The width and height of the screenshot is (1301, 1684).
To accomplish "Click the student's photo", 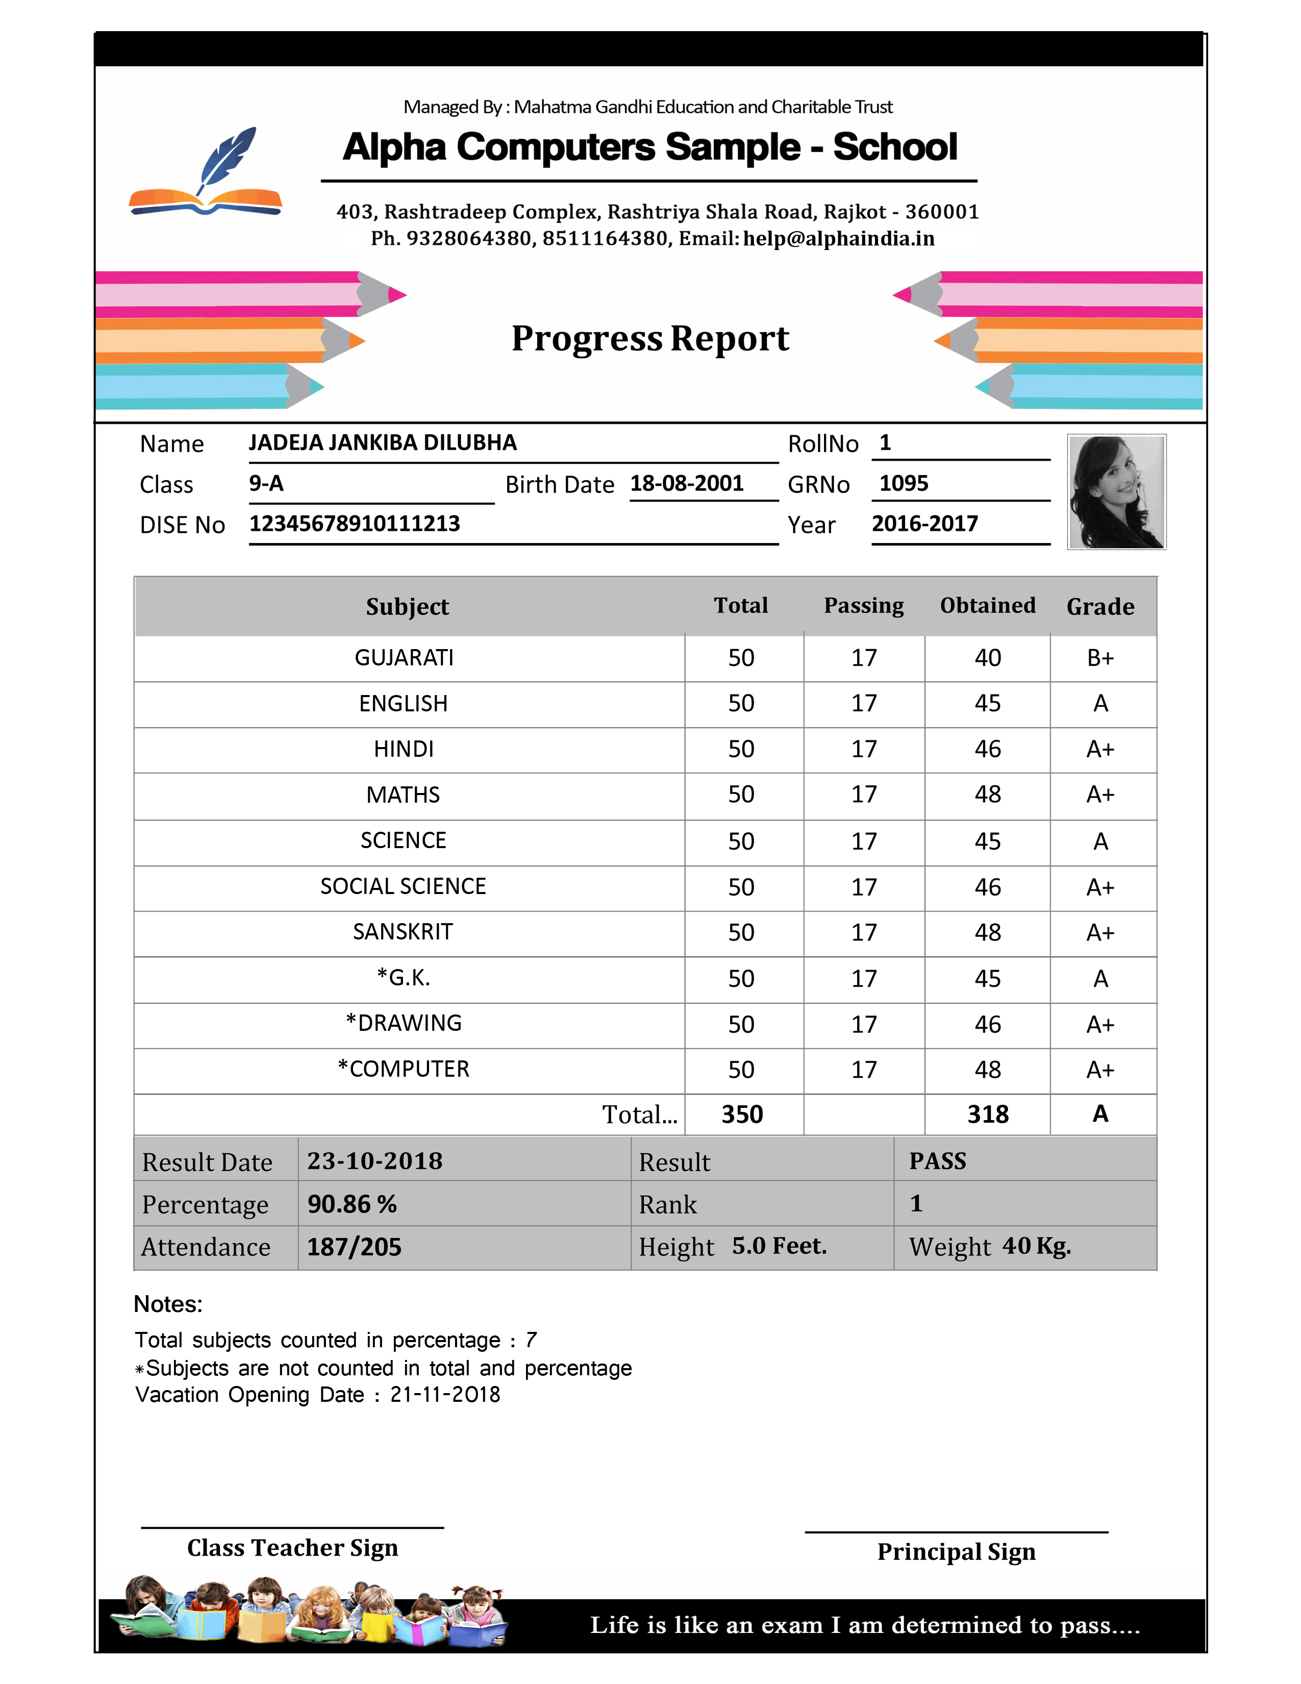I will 1116,492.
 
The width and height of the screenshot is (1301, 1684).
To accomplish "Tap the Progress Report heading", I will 649,338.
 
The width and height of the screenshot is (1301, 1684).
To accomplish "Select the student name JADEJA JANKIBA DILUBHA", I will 382,442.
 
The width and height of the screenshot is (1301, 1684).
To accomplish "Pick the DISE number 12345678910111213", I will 355,524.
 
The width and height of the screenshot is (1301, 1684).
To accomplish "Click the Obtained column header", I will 987,605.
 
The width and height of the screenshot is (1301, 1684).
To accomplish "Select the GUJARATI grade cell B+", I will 1100,658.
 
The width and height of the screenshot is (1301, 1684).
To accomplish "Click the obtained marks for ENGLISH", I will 987,703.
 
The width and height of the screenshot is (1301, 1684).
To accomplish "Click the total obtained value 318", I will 987,1114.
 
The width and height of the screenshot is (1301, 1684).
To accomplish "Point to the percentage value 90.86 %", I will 352,1204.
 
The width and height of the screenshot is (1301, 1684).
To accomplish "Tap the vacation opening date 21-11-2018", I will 445,1395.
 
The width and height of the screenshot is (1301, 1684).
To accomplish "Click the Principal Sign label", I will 956,1551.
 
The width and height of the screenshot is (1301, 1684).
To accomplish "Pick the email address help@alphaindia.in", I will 839,239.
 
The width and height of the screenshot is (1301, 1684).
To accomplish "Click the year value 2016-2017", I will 924,524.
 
